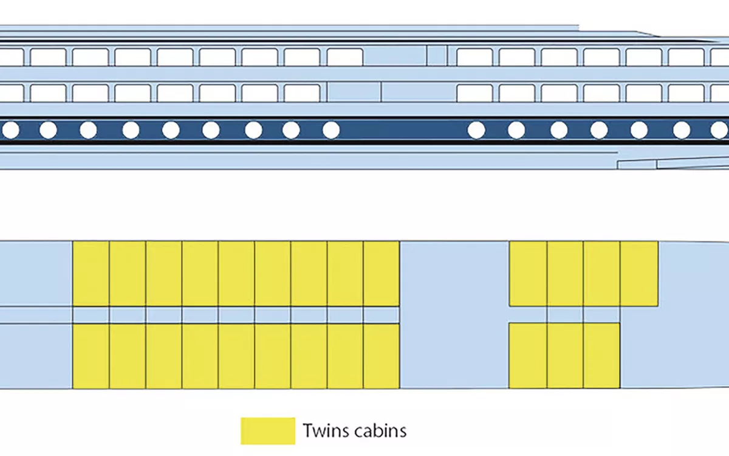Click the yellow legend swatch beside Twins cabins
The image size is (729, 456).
point(268,430)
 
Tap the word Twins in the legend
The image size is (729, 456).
point(326,431)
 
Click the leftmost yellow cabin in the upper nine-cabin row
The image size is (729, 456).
point(91,274)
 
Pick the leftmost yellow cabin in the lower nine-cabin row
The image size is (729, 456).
point(91,356)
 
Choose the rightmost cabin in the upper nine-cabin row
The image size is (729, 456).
point(382,274)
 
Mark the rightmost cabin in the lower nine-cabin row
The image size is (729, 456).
point(382,356)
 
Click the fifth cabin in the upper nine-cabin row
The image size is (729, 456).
point(236,274)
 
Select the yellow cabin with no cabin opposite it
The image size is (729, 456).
point(639,274)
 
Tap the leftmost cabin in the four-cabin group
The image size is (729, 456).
point(528,274)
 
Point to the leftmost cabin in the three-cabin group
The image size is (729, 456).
point(528,356)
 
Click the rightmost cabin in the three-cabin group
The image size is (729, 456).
point(601,356)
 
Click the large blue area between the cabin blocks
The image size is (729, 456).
point(454,313)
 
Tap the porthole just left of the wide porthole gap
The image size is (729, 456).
point(331,130)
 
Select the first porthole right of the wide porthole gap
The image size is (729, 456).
point(477,130)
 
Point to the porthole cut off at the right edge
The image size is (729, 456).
point(720,130)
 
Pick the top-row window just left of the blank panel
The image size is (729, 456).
point(345,57)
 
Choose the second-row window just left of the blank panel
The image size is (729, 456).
point(302,93)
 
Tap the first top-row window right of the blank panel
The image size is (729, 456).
point(474,57)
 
